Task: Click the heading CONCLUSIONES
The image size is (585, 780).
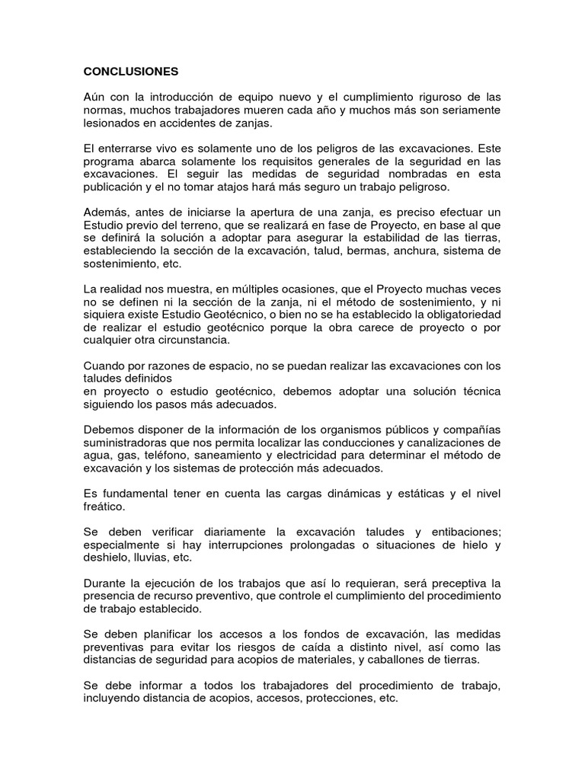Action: point(130,72)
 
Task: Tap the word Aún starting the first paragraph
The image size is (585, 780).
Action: point(95,97)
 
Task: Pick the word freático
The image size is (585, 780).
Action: point(104,507)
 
